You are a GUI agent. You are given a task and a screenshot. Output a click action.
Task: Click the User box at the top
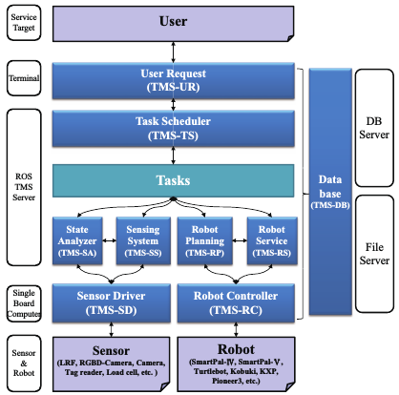[173, 24]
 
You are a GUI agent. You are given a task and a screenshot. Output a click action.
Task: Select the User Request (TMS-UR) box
[174, 81]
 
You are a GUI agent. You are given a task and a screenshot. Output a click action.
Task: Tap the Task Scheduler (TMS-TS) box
[174, 129]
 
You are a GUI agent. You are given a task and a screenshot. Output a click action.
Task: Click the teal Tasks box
[174, 180]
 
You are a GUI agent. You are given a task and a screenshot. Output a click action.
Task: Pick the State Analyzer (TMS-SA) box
[77, 240]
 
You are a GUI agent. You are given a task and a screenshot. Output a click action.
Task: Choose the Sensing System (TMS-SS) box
[143, 240]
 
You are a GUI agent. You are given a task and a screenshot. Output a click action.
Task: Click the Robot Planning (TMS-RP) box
[205, 240]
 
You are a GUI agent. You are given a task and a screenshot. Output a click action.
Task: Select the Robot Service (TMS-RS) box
[272, 240]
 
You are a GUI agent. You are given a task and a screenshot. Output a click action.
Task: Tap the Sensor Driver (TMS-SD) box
[112, 303]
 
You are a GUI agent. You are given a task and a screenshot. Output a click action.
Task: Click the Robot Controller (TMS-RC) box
[236, 303]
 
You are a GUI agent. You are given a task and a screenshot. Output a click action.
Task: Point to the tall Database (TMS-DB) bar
[330, 192]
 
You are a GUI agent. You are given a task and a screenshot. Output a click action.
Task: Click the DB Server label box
[374, 128]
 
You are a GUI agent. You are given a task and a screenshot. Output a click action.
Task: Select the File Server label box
[374, 254]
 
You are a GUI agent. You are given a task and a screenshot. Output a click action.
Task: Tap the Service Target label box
[24, 23]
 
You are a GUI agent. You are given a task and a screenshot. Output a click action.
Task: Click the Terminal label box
[24, 78]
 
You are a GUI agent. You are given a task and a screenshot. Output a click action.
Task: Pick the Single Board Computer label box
[24, 303]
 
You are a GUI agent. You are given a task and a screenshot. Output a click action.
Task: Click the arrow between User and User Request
[173, 52]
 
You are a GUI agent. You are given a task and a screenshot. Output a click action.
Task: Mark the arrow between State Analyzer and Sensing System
[109, 240]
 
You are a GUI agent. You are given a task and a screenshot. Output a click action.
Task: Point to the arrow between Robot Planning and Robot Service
[240, 240]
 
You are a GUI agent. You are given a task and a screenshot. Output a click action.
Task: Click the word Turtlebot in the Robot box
[211, 371]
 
